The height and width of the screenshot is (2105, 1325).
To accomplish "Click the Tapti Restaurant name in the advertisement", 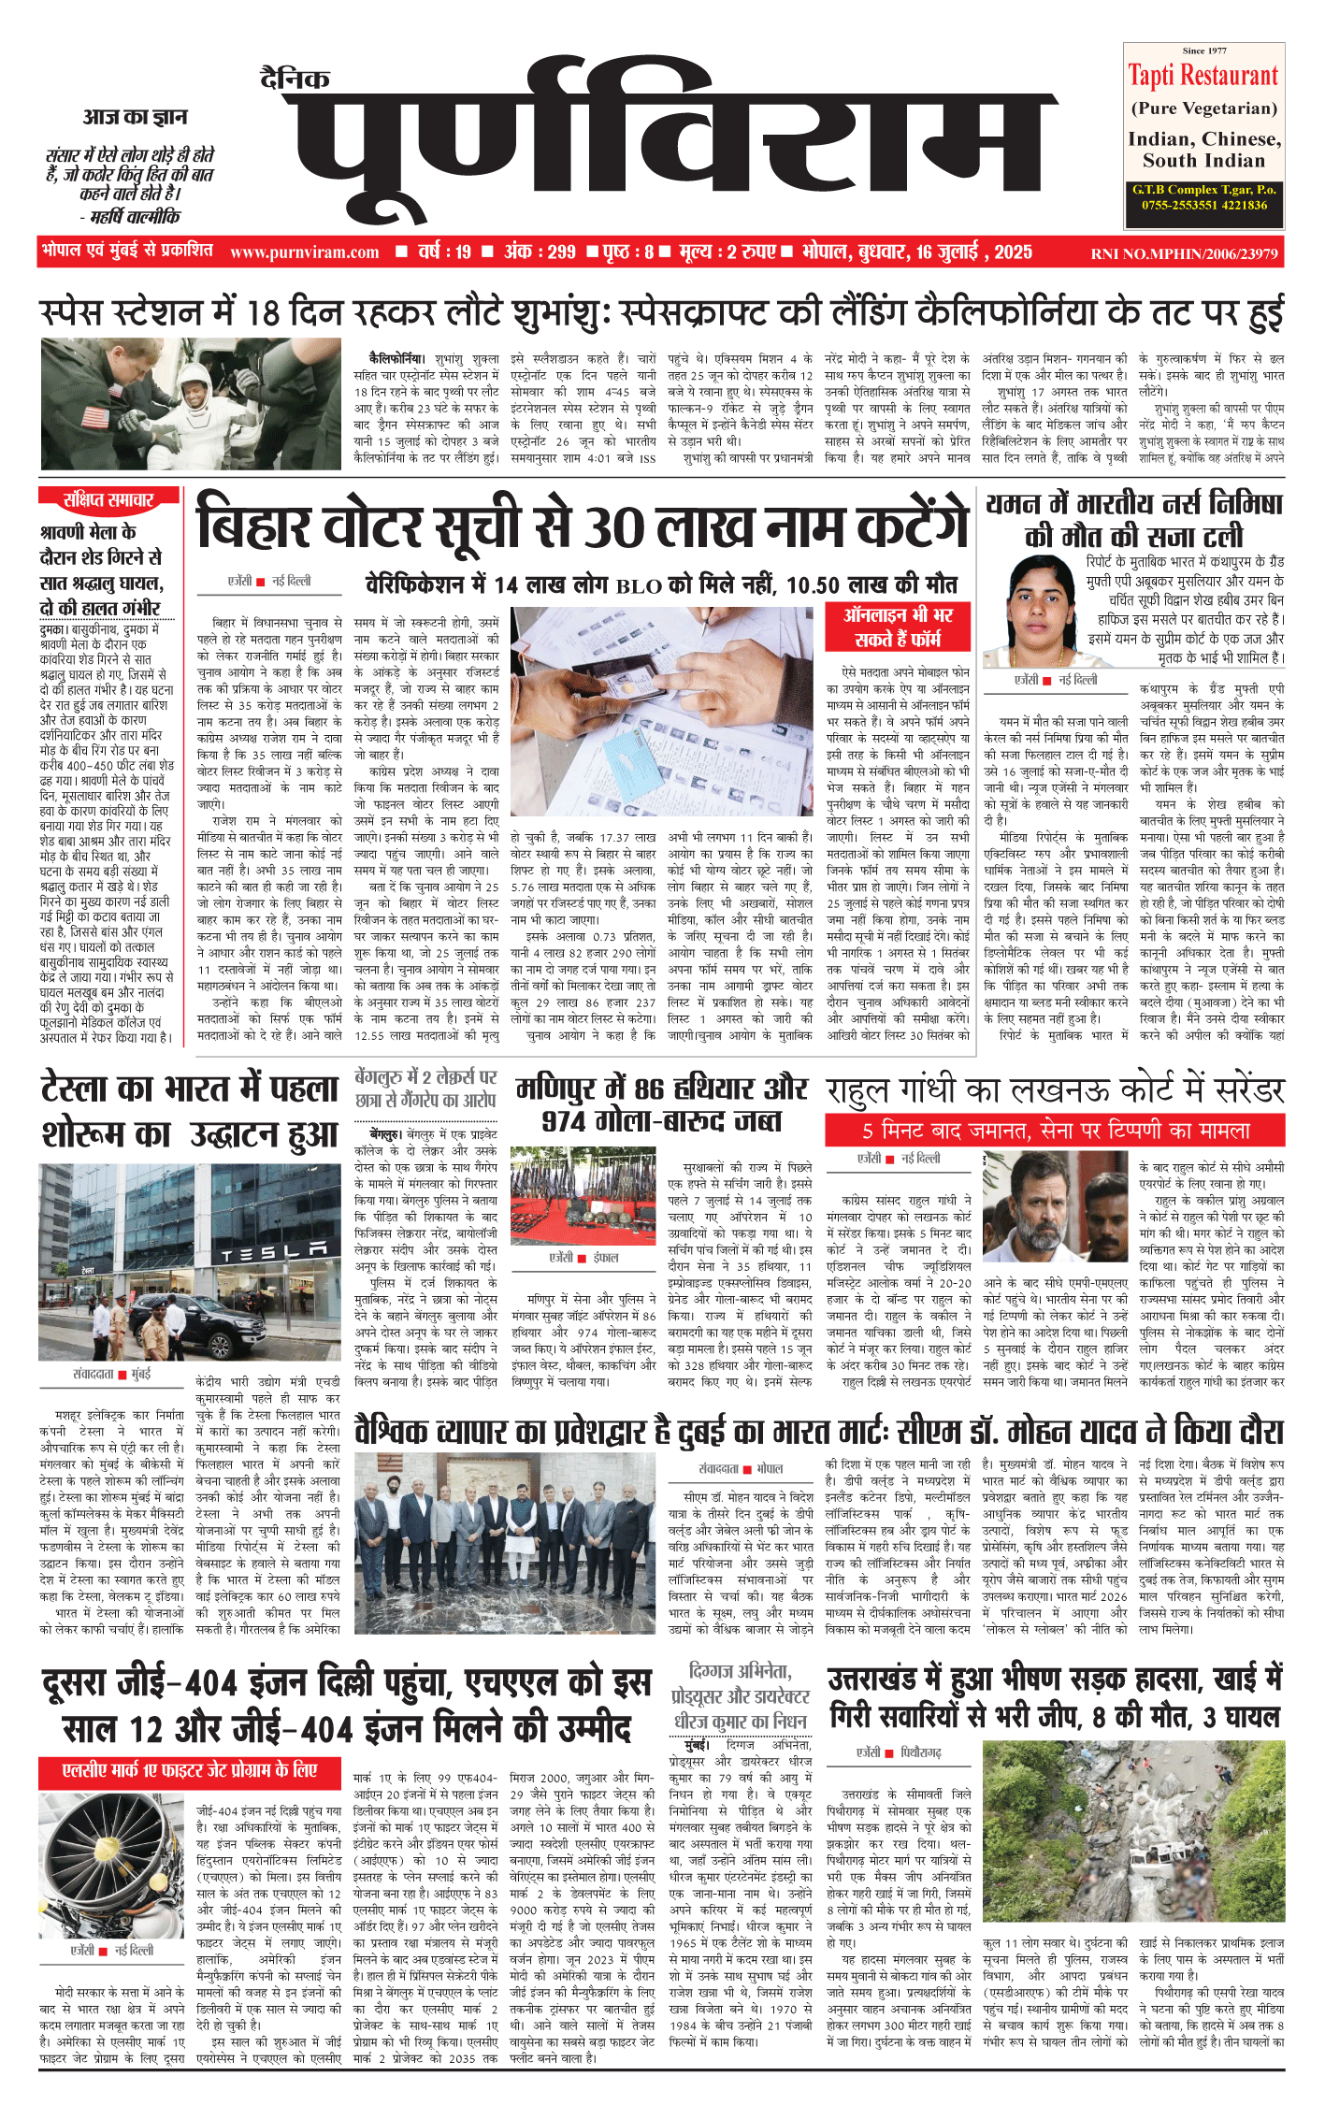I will pyautogui.click(x=1203, y=76).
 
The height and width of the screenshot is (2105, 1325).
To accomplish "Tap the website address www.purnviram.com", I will pyautogui.click(x=304, y=252).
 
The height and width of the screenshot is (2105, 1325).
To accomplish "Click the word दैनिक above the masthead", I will pyautogui.click(x=295, y=79).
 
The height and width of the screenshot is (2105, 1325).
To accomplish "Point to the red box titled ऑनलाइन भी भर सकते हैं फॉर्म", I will pyautogui.click(x=898, y=627).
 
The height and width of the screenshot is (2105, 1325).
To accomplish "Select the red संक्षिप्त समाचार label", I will pyautogui.click(x=108, y=500).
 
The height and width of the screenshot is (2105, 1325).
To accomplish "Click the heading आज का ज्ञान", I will pyautogui.click(x=135, y=117).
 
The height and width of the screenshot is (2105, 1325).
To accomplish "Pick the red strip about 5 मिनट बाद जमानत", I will pyautogui.click(x=1054, y=1131).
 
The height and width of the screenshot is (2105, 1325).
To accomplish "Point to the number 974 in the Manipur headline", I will pyautogui.click(x=572, y=1121).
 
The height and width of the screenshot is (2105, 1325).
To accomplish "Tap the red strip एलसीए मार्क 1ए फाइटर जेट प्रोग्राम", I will pyautogui.click(x=190, y=1770).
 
